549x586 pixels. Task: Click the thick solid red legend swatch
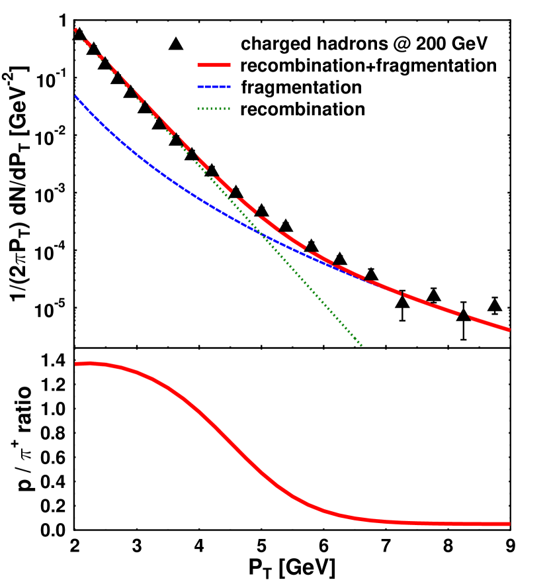pyautogui.click(x=214, y=66)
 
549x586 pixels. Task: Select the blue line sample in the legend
pyautogui.click(x=214, y=87)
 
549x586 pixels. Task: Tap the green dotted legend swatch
pyautogui.click(x=214, y=109)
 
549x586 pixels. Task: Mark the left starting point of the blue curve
pyautogui.click(x=75, y=97)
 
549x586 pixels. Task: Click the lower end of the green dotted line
pyautogui.click(x=362, y=346)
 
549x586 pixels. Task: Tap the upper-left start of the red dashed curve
pyautogui.click(x=75, y=30)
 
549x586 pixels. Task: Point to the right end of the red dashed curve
pyautogui.click(x=509, y=330)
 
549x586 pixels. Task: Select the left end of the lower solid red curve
pyautogui.click(x=76, y=364)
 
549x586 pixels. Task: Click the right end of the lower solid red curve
pyautogui.click(x=509, y=524)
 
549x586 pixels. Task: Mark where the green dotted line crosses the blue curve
pyautogui.click(x=265, y=236)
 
